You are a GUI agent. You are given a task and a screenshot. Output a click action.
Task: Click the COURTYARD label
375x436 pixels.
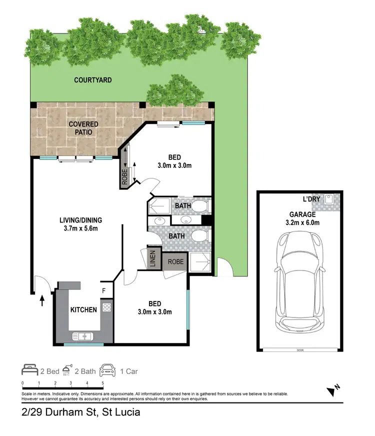(x=92, y=80)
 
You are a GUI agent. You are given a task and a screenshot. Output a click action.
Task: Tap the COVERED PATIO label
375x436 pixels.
(x=83, y=128)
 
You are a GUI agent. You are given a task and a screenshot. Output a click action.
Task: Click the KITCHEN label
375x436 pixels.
(x=83, y=310)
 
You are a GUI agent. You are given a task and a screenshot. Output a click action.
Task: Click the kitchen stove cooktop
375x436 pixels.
(x=106, y=308)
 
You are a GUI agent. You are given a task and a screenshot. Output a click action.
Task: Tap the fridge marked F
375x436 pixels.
(x=104, y=289)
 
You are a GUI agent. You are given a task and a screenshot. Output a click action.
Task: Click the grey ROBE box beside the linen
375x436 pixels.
(x=175, y=261)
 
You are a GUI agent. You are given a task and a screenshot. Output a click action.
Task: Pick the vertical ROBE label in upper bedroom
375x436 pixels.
(x=124, y=175)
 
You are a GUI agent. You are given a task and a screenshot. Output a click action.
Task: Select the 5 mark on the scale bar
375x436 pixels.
(x=103, y=384)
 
